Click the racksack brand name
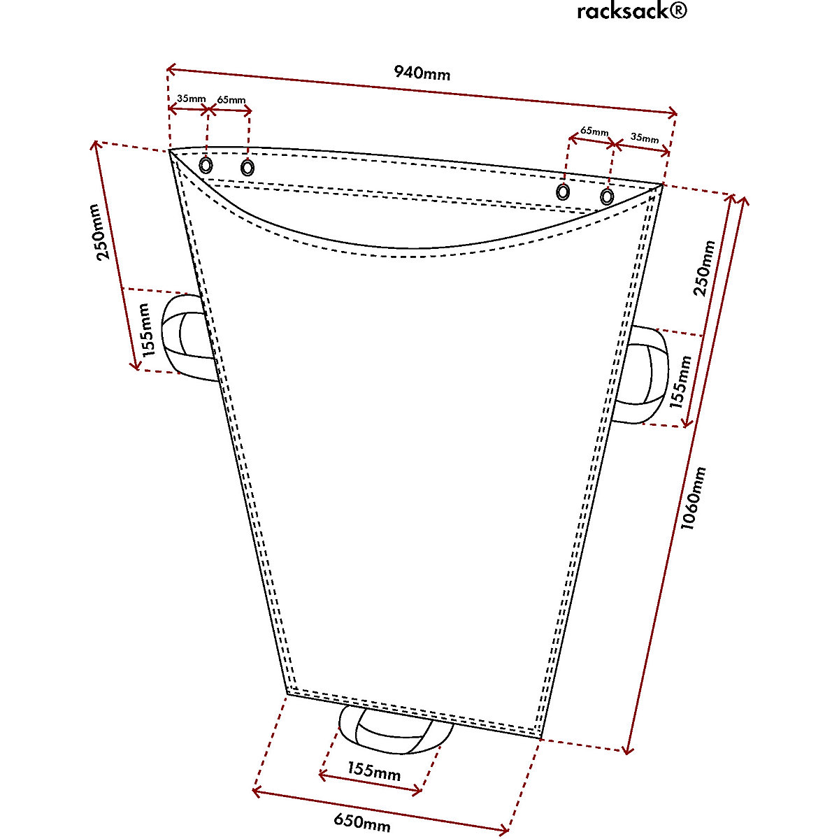coord(621,11)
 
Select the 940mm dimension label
coord(422,72)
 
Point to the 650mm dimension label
coord(361,822)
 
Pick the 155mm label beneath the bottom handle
coord(373,773)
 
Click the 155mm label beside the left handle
coord(145,330)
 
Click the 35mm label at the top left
coord(190,99)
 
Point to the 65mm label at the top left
coord(231,100)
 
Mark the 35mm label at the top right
coord(644,138)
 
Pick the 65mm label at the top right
coord(594,131)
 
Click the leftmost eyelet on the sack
coord(206,165)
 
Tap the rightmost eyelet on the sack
coord(607,197)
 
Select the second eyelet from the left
coord(247,168)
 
